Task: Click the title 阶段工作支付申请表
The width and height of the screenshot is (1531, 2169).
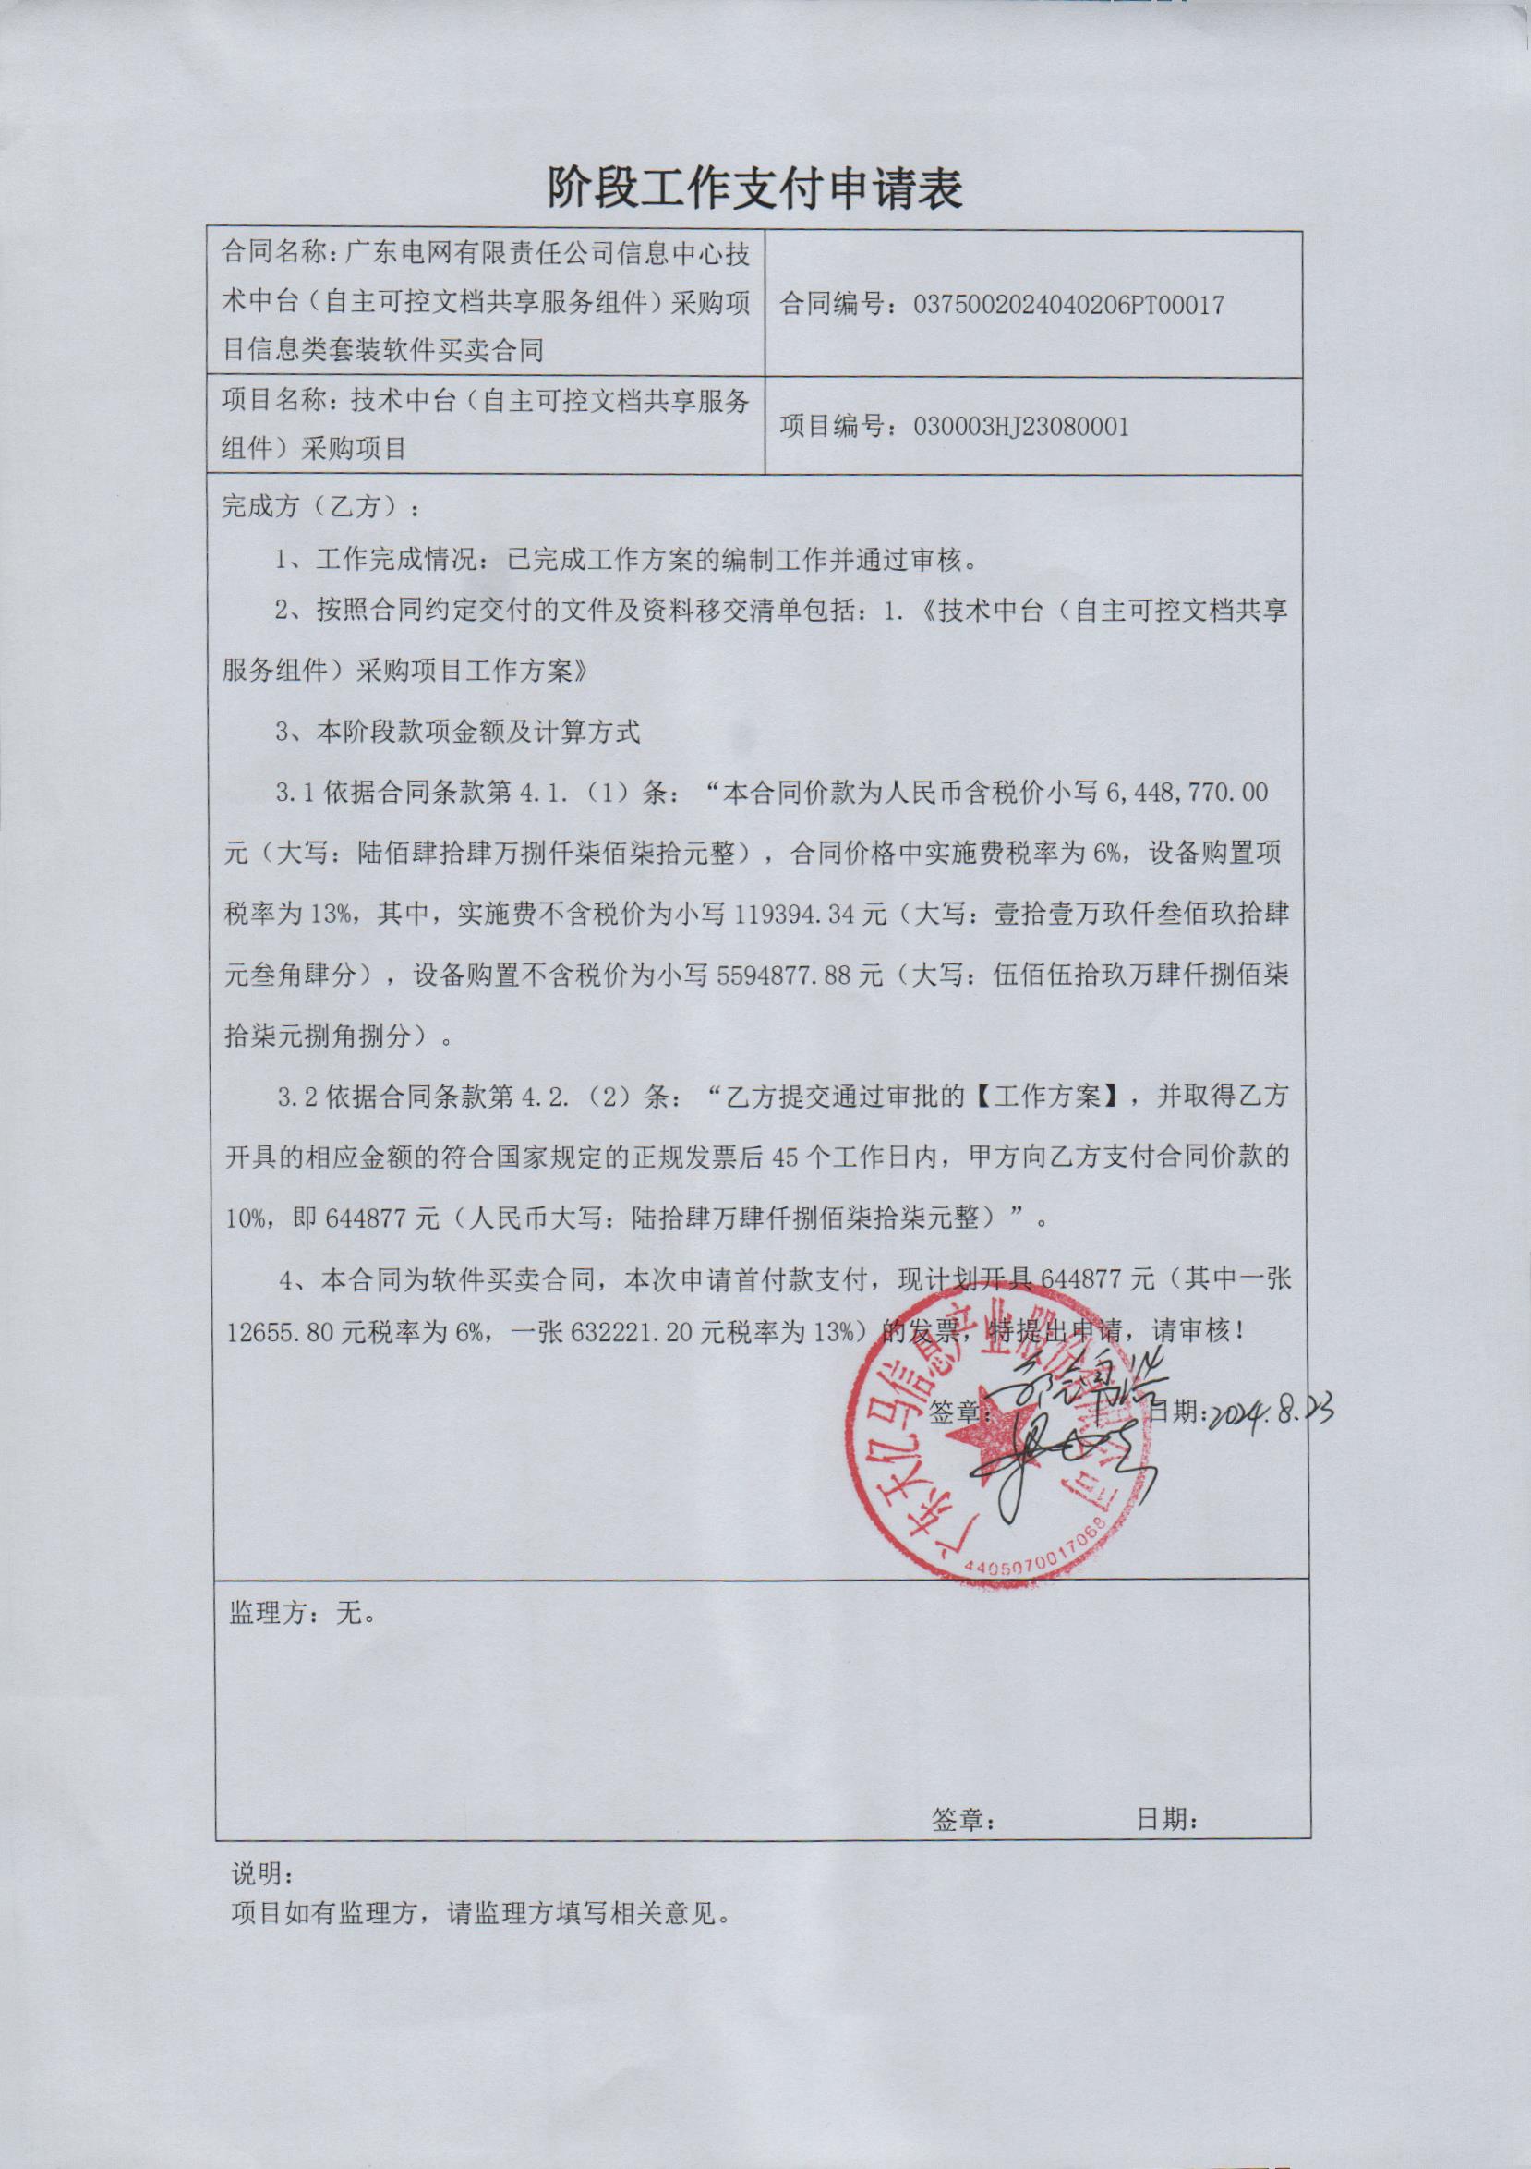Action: (x=754, y=189)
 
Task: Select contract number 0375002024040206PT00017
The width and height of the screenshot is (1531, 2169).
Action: (x=1069, y=305)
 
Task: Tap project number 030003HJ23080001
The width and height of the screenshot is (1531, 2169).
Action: (x=1021, y=427)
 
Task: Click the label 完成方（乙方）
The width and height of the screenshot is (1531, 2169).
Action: (x=322, y=506)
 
